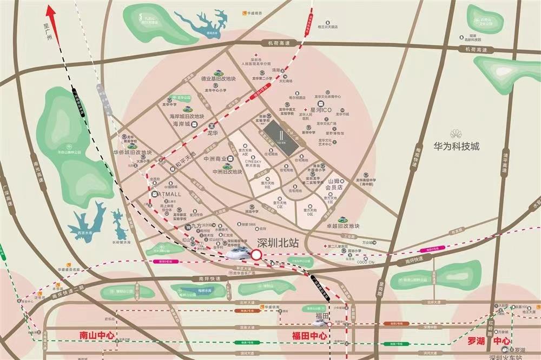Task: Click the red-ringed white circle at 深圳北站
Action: click(x=256, y=254)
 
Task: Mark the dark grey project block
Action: click(x=281, y=133)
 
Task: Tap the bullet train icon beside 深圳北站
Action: click(x=236, y=253)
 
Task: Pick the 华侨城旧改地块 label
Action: click(x=133, y=152)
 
